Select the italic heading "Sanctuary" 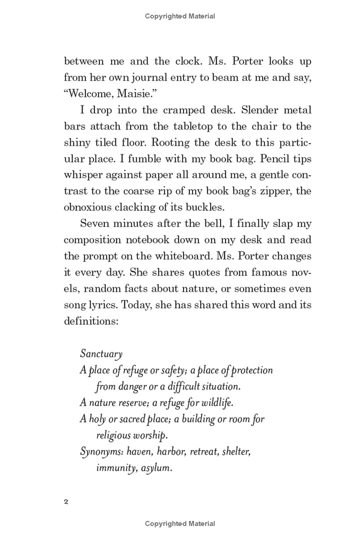[101, 354]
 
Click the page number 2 [66, 500]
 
